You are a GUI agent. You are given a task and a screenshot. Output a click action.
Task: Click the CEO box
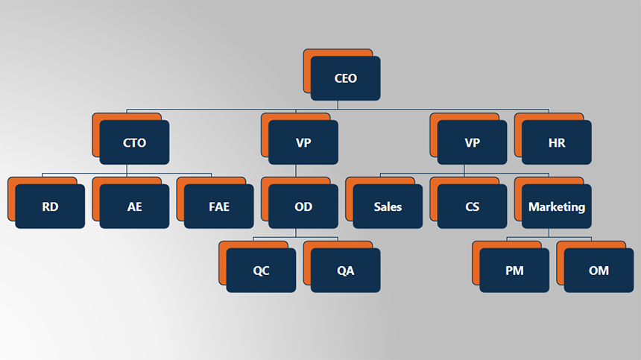coord(345,78)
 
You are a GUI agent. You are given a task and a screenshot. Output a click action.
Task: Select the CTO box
coord(134,142)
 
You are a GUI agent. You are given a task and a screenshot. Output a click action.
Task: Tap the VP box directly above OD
coord(303,142)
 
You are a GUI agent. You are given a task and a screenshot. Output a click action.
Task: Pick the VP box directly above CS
coord(472,142)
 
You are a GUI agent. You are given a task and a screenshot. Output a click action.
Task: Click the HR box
coord(556,142)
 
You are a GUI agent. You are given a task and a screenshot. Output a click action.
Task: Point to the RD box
coord(50,206)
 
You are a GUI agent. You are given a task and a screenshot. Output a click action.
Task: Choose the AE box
coord(134,206)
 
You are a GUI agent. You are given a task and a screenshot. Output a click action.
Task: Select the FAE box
coord(219,206)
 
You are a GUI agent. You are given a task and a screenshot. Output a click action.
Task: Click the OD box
coord(303,206)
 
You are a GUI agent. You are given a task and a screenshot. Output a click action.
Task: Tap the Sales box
coord(388,206)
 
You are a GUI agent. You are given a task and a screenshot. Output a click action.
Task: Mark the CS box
coord(472,206)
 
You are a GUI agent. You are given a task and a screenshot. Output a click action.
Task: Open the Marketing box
coord(556,206)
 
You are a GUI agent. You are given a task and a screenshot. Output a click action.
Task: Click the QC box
coord(261,271)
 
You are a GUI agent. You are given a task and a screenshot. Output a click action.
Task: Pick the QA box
coord(345,271)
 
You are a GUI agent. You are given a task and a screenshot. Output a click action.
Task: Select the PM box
coord(514,271)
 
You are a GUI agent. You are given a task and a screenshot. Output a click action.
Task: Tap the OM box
coord(599,271)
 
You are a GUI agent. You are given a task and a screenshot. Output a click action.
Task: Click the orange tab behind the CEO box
coord(307,71)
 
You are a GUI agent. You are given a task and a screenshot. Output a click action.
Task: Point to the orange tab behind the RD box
coord(11,199)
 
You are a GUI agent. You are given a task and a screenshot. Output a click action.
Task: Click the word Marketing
coord(556,206)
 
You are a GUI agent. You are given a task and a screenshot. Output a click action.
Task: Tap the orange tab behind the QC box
coord(222,262)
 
